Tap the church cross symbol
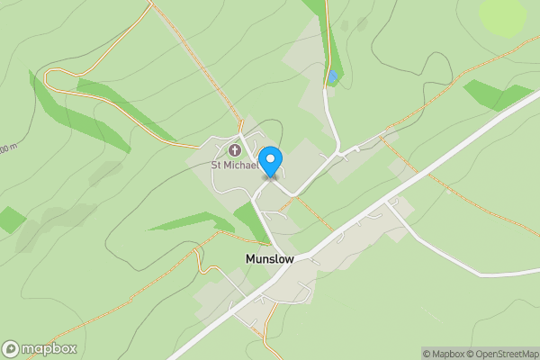(235, 149)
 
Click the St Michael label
(234, 165)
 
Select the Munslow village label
(270, 258)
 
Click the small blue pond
(332, 77)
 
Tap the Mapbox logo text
(49, 349)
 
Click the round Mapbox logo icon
(11, 349)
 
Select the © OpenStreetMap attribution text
(500, 354)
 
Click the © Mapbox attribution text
(441, 354)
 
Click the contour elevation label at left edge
(7, 148)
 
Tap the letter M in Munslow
(251, 258)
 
